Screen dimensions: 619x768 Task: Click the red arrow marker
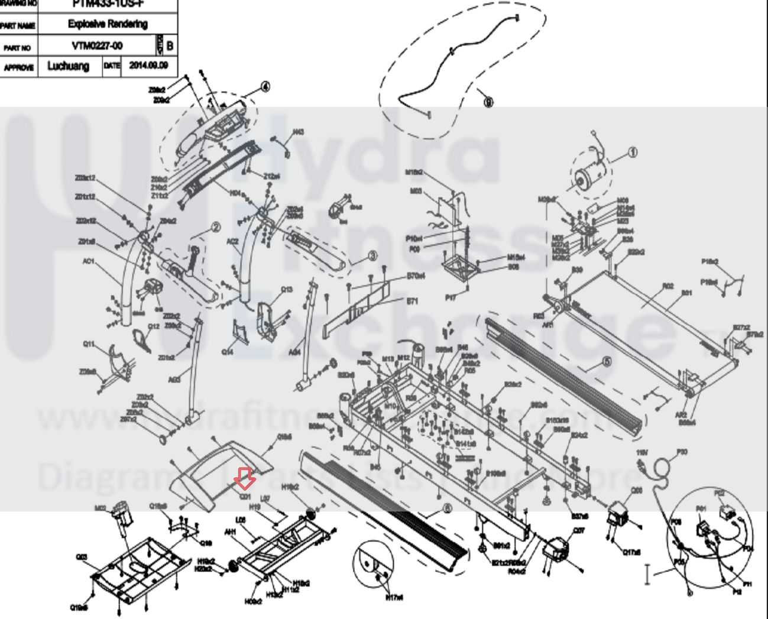pyautogui.click(x=244, y=478)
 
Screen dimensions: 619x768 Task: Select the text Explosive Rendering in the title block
pyautogui.click(x=108, y=24)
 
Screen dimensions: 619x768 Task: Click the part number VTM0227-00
pyautogui.click(x=98, y=46)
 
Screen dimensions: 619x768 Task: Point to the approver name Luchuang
pyautogui.click(x=68, y=66)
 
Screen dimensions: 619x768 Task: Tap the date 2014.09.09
pyautogui.click(x=148, y=66)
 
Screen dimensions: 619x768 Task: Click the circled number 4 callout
pyautogui.click(x=265, y=87)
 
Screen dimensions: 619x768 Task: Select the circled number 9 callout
pyautogui.click(x=488, y=102)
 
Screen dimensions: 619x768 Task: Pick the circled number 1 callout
pyautogui.click(x=633, y=153)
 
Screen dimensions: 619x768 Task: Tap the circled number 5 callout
pyautogui.click(x=606, y=362)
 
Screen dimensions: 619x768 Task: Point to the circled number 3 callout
pyautogui.click(x=372, y=256)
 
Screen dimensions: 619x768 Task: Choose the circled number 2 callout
pyautogui.click(x=215, y=228)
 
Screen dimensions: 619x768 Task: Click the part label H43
pyautogui.click(x=299, y=132)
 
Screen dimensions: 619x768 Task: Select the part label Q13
pyautogui.click(x=286, y=290)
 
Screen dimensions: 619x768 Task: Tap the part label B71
pyautogui.click(x=412, y=302)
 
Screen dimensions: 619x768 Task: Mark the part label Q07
pyautogui.click(x=579, y=530)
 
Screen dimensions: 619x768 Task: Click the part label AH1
pyautogui.click(x=230, y=532)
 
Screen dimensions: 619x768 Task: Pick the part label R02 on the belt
pyautogui.click(x=668, y=286)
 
